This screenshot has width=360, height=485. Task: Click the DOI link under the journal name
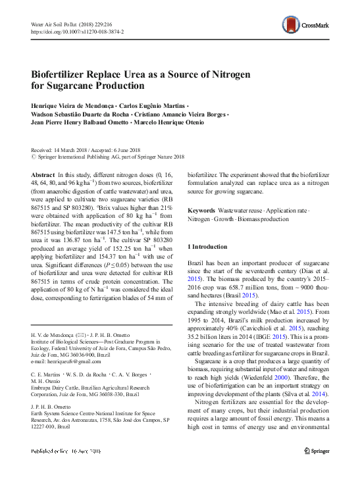[78, 31]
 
